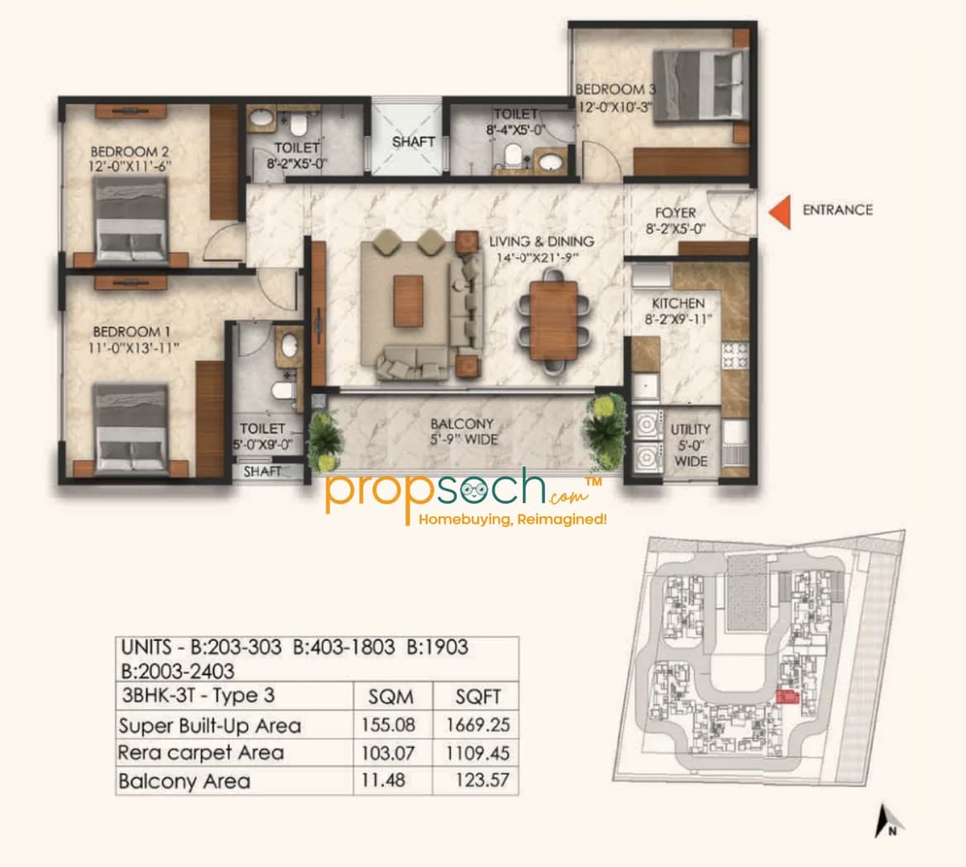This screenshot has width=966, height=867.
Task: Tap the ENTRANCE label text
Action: [837, 210]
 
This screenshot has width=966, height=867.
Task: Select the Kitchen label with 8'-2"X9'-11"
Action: [678, 311]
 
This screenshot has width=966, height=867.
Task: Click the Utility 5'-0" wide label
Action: [691, 444]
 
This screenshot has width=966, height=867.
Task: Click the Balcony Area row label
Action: [184, 781]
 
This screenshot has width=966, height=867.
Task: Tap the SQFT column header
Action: [478, 697]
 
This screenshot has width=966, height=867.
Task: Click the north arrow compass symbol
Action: [889, 821]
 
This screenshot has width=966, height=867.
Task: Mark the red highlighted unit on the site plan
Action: [788, 698]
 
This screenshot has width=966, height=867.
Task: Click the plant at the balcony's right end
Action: [605, 422]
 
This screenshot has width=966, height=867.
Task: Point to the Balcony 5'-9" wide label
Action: [462, 431]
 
